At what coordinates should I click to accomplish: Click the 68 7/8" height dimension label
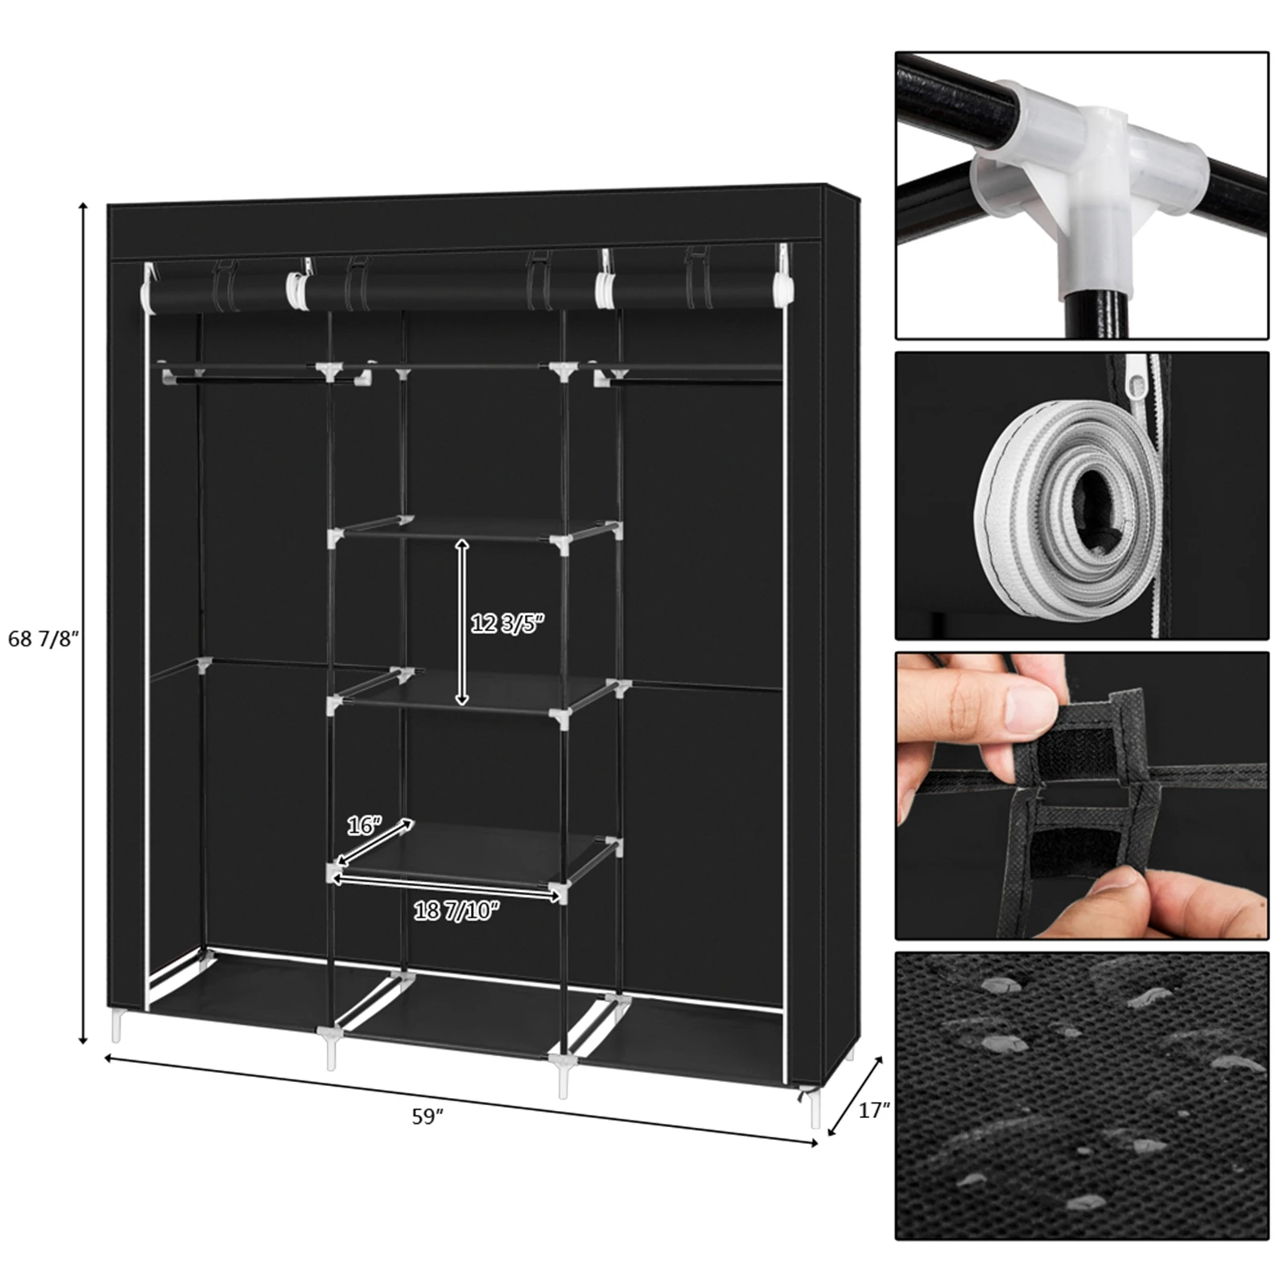44,638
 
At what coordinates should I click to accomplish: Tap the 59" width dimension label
427,1117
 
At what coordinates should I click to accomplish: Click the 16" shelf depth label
364,825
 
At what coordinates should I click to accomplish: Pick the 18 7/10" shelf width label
456,910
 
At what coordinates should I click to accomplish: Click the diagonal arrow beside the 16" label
375,842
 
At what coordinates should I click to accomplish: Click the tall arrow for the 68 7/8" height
82,624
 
